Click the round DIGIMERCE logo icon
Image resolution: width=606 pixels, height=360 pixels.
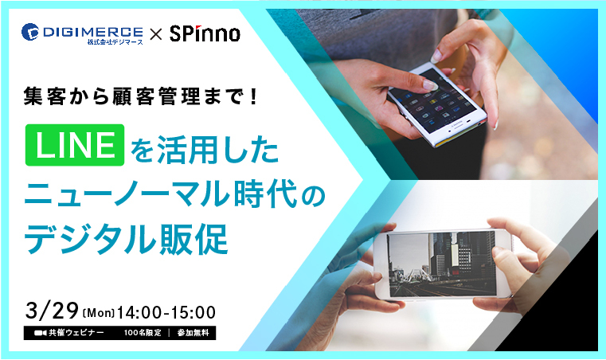[30, 32]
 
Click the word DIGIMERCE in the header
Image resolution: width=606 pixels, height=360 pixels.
[92, 31]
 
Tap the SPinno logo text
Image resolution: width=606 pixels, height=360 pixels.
[205, 33]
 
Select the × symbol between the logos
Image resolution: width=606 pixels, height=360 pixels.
[156, 34]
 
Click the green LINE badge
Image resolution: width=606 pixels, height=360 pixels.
[75, 145]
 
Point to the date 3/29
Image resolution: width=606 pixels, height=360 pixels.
[53, 311]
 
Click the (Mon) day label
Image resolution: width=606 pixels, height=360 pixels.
[99, 313]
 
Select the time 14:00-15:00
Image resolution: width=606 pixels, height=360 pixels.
[166, 312]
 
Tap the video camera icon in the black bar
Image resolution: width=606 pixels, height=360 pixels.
[40, 333]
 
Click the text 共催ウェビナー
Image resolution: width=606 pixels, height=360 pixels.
[76, 333]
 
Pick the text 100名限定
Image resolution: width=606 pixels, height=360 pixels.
[143, 333]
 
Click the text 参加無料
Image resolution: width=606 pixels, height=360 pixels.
[194, 333]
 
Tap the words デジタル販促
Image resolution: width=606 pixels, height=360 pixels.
[126, 240]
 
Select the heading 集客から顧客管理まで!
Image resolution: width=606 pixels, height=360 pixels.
[140, 96]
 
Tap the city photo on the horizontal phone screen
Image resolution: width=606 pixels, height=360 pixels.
[442, 264]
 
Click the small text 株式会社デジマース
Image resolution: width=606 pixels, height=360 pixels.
[115, 41]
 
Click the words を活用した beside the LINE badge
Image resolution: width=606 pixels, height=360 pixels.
[205, 149]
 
